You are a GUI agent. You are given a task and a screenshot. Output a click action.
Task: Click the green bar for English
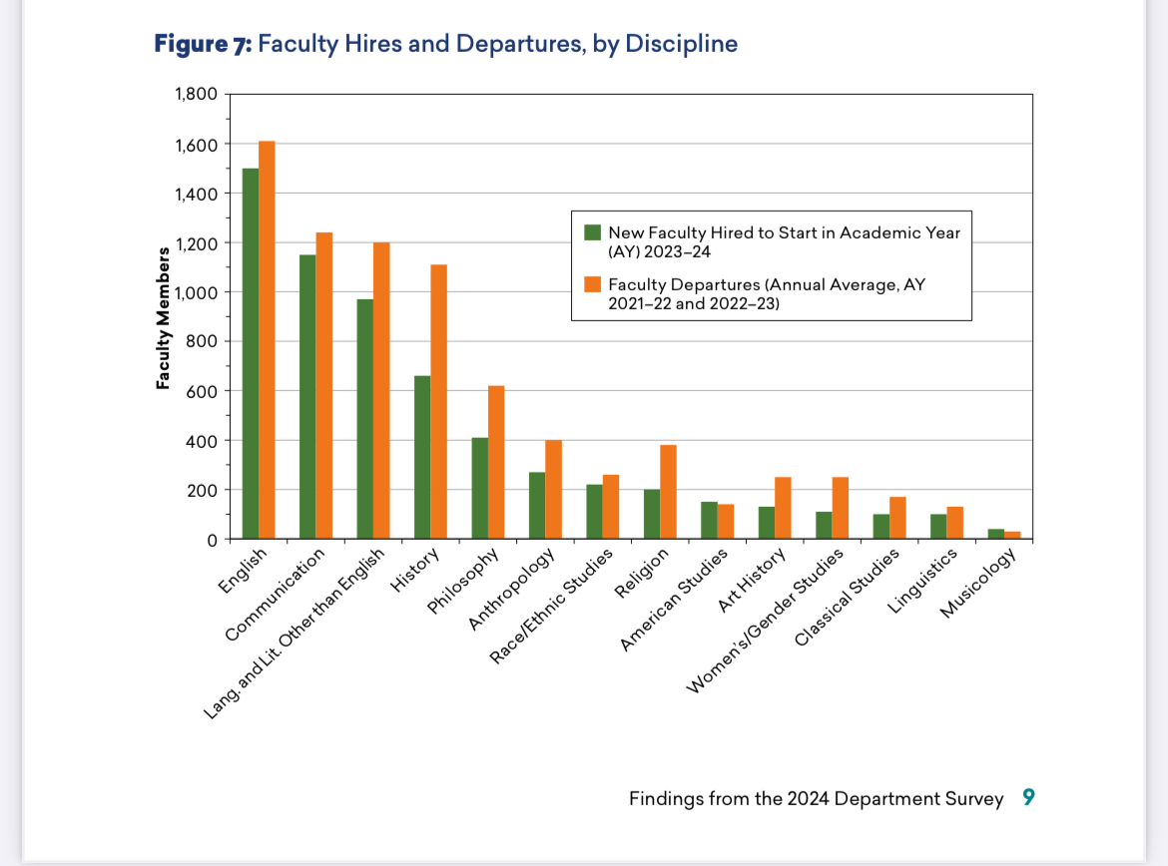(251, 354)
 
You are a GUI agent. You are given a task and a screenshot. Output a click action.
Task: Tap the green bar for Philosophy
(480, 489)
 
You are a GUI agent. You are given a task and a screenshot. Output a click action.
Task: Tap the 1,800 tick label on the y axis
(197, 95)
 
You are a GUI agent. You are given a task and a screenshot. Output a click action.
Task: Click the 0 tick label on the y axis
(212, 540)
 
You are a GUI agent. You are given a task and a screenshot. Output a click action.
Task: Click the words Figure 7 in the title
(203, 44)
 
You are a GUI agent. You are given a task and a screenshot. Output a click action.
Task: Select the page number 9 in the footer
(1029, 798)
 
